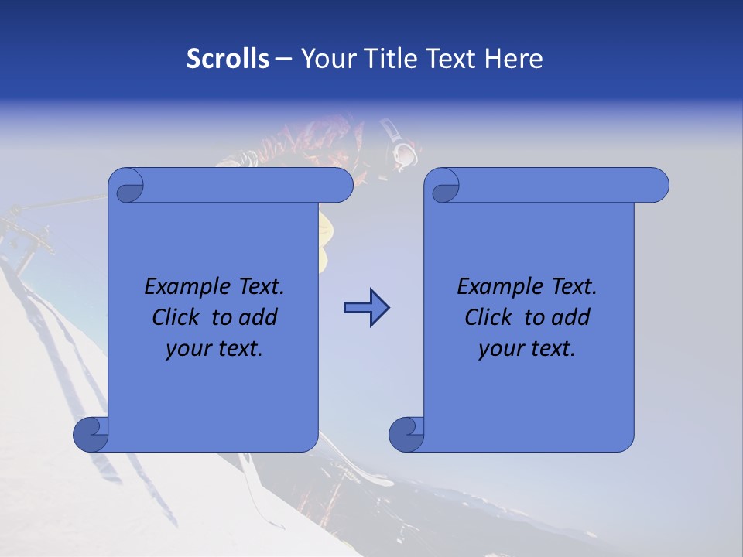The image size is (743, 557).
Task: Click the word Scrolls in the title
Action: [228, 58]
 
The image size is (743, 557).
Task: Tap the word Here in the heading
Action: [514, 58]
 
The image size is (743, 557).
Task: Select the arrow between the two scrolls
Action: [366, 309]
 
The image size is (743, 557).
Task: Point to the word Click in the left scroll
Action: [177, 317]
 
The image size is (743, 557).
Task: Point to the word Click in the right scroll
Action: [490, 317]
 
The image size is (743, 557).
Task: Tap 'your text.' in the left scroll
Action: [214, 348]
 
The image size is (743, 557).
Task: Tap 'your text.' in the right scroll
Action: [527, 348]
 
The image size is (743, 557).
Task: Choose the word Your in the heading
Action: [326, 58]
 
